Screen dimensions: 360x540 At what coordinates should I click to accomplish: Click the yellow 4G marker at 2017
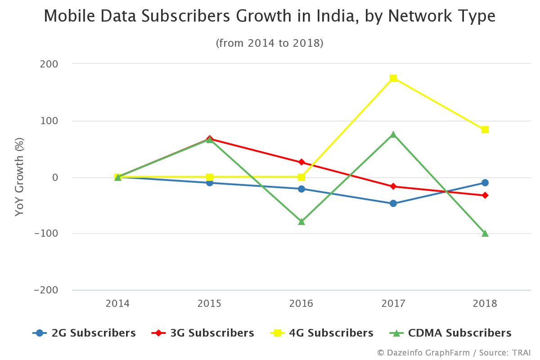pos(393,78)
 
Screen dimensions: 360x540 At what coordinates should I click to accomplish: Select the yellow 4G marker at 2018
pos(485,130)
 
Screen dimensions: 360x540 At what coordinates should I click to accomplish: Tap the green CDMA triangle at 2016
pos(301,221)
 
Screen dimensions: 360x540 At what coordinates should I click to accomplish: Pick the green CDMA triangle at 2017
pos(393,135)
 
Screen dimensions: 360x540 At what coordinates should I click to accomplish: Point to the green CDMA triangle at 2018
pos(485,233)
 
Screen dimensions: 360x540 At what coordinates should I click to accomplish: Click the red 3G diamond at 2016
pos(301,162)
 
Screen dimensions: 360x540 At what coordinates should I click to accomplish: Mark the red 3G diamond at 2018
pos(485,195)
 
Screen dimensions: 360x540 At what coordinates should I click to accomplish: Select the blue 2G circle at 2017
pos(393,203)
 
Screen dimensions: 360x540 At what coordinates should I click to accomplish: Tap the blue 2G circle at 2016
pos(301,189)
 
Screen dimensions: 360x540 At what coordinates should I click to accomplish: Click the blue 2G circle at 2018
pos(485,183)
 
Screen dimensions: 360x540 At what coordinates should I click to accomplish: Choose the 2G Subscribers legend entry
pos(85,333)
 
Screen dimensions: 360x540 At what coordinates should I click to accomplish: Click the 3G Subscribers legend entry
pos(203,333)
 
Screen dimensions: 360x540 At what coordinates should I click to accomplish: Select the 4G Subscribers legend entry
pos(322,333)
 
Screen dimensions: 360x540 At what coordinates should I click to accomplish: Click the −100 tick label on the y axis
pos(46,234)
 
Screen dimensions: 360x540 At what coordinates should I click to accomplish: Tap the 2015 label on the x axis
pos(210,304)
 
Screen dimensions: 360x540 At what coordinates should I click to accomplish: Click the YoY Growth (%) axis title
pos(19,177)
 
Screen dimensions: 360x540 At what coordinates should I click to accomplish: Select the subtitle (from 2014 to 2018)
pos(270,43)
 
